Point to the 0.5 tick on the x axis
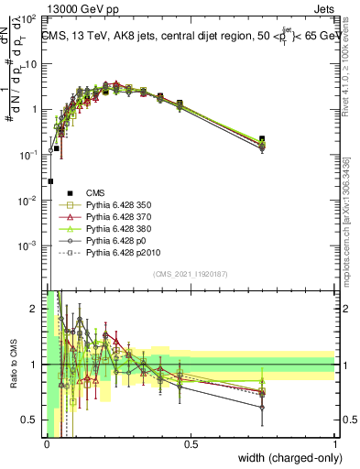(191, 444)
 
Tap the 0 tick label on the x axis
(47, 444)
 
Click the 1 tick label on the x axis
(335, 444)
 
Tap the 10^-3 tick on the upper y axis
(30, 245)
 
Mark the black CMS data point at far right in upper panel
(262, 139)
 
